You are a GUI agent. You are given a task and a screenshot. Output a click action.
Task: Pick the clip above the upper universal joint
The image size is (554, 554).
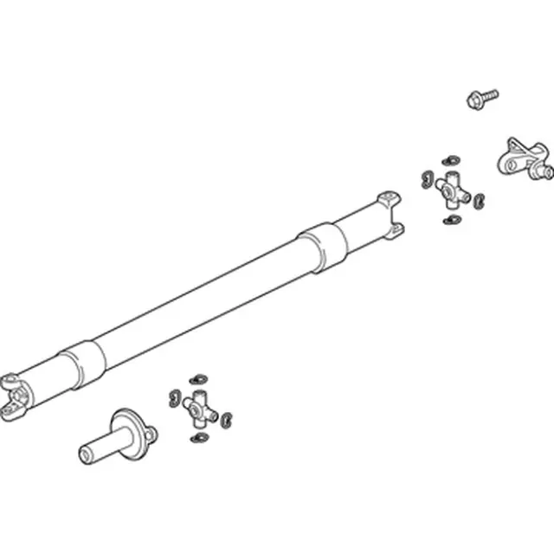[451, 161]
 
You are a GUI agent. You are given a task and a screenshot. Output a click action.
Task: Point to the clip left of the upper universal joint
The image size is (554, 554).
[426, 178]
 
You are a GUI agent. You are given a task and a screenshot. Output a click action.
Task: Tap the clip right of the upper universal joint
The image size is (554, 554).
[480, 201]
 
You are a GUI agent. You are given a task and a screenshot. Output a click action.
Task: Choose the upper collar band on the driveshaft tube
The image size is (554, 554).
[322, 245]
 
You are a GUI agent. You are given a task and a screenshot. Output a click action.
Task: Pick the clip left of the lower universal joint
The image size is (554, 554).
[172, 397]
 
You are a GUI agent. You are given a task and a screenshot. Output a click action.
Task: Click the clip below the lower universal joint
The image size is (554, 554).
[198, 438]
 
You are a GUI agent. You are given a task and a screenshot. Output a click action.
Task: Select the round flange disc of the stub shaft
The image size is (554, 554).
[126, 429]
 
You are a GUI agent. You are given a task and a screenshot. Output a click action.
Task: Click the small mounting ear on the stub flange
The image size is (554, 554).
[149, 435]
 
